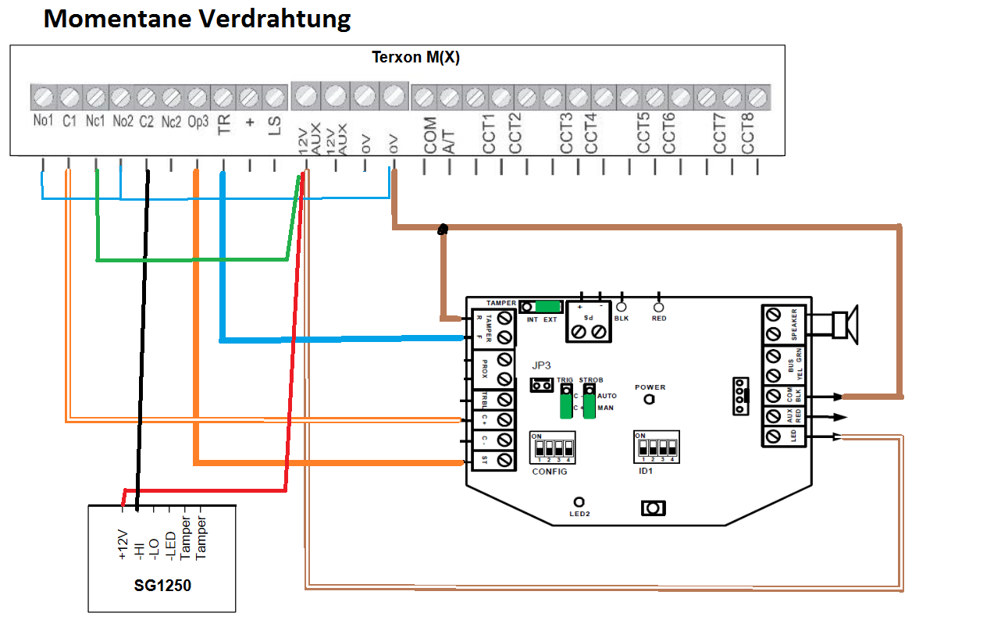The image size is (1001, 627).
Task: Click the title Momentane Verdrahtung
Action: (x=197, y=19)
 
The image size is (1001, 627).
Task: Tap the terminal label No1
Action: (x=42, y=122)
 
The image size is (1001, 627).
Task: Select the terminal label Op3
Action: (x=198, y=122)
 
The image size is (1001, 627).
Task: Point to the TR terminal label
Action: (x=224, y=125)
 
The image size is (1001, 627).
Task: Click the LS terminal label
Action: (x=274, y=126)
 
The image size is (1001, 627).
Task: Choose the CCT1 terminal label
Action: (x=489, y=134)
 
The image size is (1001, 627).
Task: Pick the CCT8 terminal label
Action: (x=747, y=134)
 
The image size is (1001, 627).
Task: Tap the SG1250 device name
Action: (x=162, y=586)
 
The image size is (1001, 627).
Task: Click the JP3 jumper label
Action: (x=543, y=365)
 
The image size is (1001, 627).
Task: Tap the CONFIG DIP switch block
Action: (x=553, y=448)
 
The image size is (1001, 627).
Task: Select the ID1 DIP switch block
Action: (x=656, y=448)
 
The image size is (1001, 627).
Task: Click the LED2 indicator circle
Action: (x=579, y=501)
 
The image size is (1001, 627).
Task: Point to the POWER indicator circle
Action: (x=650, y=399)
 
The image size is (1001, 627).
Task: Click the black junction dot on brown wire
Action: (x=444, y=230)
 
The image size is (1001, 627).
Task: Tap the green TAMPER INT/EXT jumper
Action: (x=549, y=307)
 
